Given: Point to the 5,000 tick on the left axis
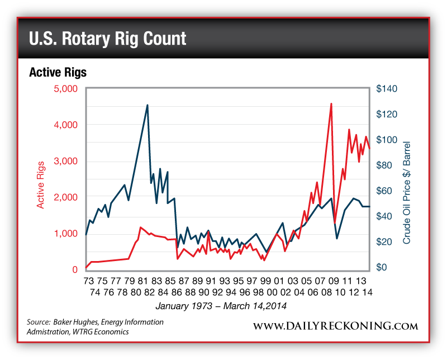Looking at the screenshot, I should tap(66, 88).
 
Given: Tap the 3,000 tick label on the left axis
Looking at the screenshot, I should tap(66, 161).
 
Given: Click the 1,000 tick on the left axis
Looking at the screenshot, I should tap(66, 233).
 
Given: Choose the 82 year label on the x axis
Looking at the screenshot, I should tap(149, 292).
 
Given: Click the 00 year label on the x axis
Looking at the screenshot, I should tap(272, 292).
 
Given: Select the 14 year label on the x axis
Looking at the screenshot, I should tap(367, 292).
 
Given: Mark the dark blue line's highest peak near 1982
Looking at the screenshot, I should tap(147, 105).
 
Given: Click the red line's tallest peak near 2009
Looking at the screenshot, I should tap(331, 103).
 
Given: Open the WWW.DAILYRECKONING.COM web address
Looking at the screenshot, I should tap(336, 326).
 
